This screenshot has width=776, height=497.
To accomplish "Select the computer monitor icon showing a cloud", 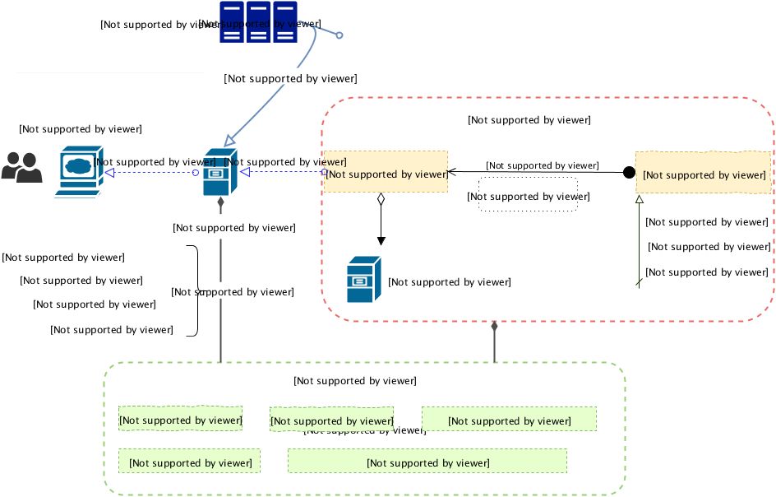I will (x=79, y=170).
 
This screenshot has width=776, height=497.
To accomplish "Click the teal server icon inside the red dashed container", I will (x=364, y=280).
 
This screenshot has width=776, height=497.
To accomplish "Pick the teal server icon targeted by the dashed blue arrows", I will (x=219, y=172).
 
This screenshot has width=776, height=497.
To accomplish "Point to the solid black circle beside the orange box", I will (x=629, y=173).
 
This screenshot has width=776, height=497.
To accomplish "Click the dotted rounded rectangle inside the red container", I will (x=528, y=196).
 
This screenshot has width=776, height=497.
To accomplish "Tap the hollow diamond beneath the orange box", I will (x=381, y=199).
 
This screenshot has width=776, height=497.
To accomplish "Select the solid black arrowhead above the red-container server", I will (x=381, y=240).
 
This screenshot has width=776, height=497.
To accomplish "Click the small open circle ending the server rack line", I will (x=339, y=35).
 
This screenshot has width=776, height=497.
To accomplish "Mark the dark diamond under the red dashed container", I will (x=494, y=327).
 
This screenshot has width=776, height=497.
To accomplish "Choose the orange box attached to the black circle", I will (x=703, y=173).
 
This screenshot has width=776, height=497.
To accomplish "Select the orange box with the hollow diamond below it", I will (x=386, y=172).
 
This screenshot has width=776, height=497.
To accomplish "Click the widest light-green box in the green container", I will (x=427, y=461).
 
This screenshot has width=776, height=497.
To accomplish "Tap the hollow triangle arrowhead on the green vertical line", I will (x=640, y=200).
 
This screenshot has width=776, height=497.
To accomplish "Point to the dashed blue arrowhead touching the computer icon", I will (x=109, y=173).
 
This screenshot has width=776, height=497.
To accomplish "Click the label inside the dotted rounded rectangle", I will (x=528, y=197).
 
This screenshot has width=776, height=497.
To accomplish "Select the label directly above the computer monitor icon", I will (x=81, y=129).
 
